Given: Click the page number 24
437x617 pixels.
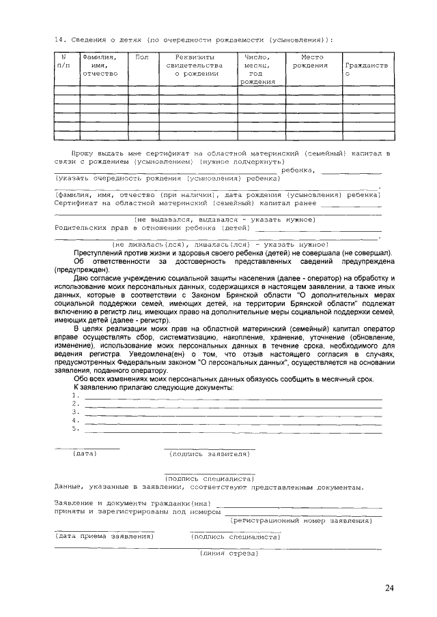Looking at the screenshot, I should pyautogui.click(x=389, y=588).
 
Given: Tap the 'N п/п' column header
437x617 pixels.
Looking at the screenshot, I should pyautogui.click(x=64, y=61).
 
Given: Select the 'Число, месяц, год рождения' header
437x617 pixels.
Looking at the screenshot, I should pyautogui.click(x=256, y=70).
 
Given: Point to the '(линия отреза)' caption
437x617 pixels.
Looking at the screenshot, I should pyautogui.click(x=227, y=553).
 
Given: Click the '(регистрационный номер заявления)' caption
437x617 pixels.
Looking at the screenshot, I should pyautogui.click(x=301, y=520).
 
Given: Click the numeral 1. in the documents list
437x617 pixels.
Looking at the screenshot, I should pyautogui.click(x=76, y=395).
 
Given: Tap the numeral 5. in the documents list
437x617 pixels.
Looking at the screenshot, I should pyautogui.click(x=76, y=428).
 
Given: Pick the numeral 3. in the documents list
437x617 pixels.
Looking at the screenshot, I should pyautogui.click(x=76, y=411).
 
